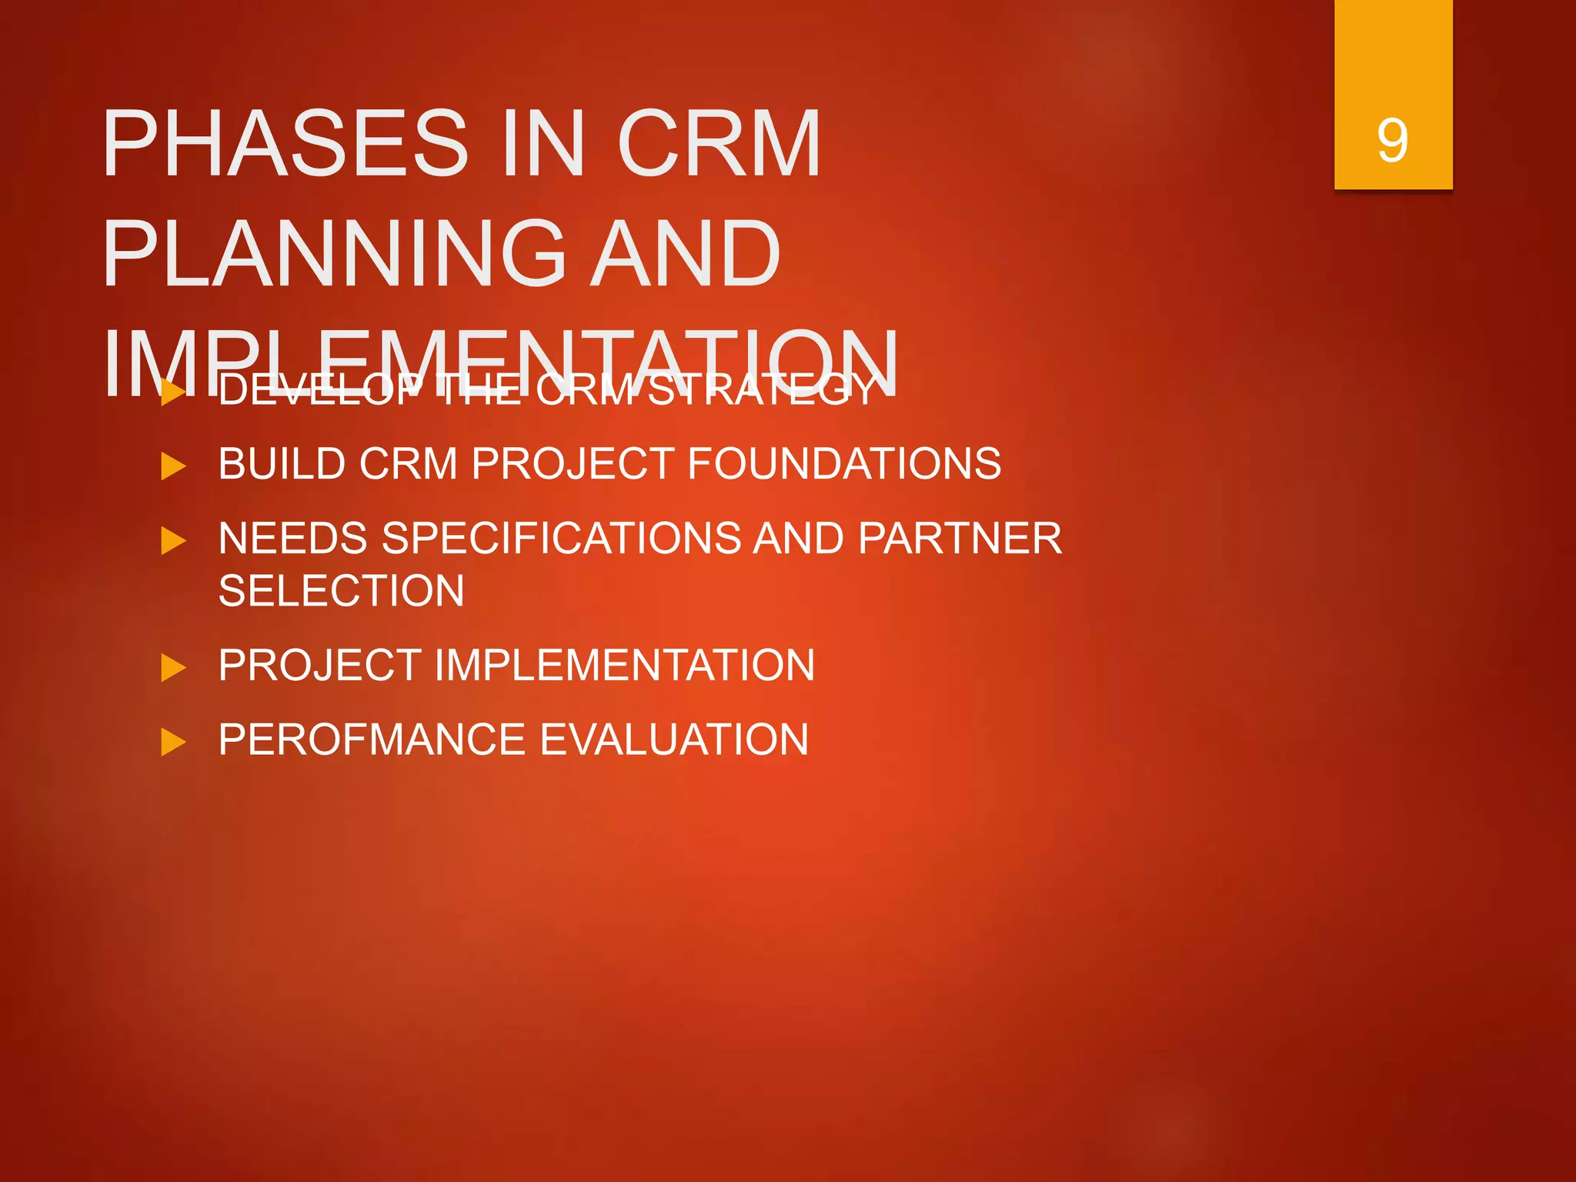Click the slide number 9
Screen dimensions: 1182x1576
point(1392,142)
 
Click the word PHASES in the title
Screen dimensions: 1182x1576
point(285,144)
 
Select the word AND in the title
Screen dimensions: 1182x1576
point(685,254)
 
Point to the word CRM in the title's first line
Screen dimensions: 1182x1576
point(719,144)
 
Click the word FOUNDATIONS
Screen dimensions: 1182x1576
point(843,464)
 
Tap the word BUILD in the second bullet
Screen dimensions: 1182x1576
point(282,464)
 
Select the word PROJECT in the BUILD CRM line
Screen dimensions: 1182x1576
point(573,464)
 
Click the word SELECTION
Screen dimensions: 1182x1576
point(341,591)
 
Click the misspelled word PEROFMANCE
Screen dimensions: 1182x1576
point(372,740)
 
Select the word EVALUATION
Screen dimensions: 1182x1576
point(673,740)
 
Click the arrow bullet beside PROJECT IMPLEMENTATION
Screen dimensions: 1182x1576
point(173,667)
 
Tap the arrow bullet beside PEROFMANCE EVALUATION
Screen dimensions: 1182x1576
point(173,743)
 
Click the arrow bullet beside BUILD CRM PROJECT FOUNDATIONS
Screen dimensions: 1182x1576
point(173,466)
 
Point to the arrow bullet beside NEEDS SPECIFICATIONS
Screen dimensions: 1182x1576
point(173,541)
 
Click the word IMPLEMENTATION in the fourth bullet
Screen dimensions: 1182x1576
point(624,665)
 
